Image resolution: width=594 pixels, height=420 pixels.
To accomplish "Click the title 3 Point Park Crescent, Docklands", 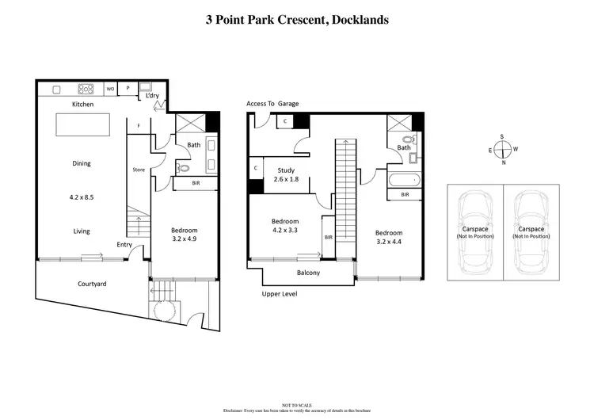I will (x=297, y=20).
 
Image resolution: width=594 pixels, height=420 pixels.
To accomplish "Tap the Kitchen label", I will (x=83, y=105).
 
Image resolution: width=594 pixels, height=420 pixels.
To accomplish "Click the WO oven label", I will (x=110, y=89).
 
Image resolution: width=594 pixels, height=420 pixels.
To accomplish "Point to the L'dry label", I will (x=153, y=96).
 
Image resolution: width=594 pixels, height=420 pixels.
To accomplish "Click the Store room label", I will (x=138, y=169).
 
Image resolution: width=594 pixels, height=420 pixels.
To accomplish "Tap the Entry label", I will (x=124, y=244).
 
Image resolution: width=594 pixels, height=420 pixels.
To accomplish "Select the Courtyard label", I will (x=92, y=284).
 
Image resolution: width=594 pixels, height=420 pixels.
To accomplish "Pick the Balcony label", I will (x=308, y=273).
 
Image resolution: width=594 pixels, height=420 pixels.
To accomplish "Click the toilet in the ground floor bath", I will (x=184, y=168).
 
